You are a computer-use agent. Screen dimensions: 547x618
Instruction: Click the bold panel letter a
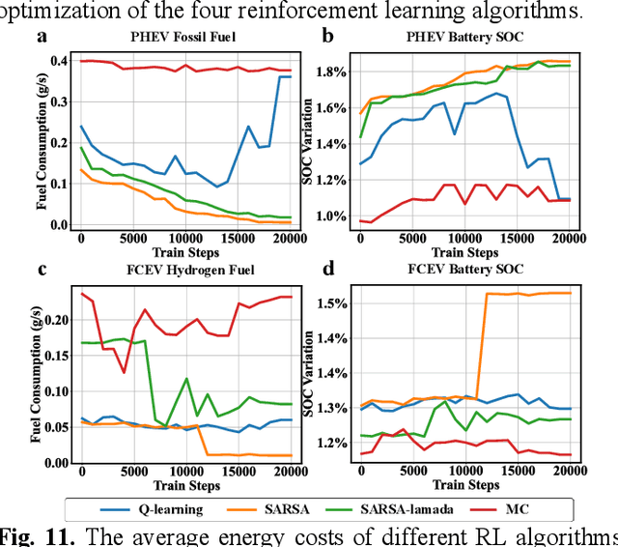click(x=41, y=38)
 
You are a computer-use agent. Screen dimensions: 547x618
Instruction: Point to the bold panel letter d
click(x=329, y=268)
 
